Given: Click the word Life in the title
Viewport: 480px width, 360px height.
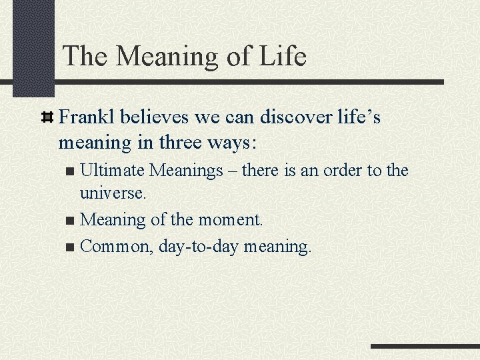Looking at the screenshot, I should click(x=280, y=56).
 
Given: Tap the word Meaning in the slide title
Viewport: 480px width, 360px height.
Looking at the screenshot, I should click(x=170, y=56).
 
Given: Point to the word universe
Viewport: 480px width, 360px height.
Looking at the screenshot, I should click(x=112, y=193).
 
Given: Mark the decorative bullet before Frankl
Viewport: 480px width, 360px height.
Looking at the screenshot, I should click(x=48, y=119).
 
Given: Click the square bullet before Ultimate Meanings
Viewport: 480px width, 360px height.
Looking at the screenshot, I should click(x=71, y=172).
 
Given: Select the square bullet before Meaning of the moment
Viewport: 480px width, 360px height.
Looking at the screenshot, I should click(x=71, y=220).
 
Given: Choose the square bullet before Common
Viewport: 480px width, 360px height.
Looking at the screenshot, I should click(x=71, y=247).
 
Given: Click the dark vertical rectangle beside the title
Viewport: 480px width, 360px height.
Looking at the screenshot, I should click(x=33, y=47).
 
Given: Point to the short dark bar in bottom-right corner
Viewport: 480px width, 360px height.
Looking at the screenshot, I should click(x=425, y=347).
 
